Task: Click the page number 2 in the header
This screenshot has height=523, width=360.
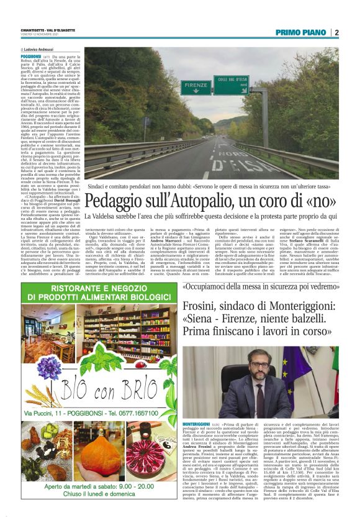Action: [x=336, y=32]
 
